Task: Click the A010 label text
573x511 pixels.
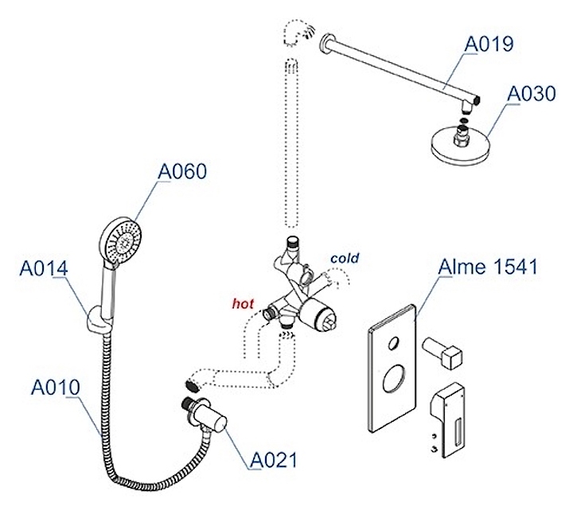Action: (x=56, y=388)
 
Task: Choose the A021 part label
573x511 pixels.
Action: (x=274, y=459)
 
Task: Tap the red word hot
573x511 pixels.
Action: (x=243, y=302)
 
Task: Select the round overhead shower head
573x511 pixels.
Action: (x=462, y=146)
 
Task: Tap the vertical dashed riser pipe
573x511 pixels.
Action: (x=292, y=143)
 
